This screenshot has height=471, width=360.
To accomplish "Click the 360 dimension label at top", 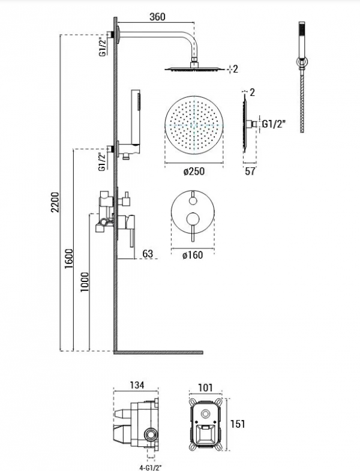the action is point(157,17).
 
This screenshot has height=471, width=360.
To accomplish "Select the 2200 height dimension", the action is point(55,202).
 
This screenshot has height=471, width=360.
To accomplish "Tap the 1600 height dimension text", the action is point(69,259).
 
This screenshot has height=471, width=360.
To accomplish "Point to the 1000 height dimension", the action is point(85,282).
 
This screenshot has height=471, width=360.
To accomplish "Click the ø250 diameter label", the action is point(194,171).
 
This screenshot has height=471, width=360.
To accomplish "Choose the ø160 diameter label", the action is point(193,255).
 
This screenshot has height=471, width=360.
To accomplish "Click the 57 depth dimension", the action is point(250,171).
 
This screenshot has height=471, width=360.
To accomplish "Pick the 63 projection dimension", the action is point(148,254).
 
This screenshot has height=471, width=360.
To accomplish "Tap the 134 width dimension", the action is point(137,385).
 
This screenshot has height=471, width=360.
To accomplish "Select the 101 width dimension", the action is point(206,388).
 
